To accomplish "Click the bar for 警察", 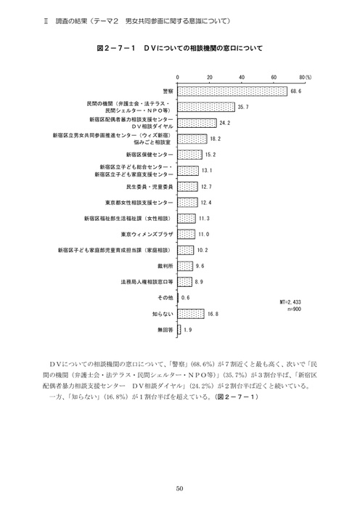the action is click(232, 92).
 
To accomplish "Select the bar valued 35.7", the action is click(205, 108).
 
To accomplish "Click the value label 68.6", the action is click(295, 92).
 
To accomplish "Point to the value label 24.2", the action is click(225, 123).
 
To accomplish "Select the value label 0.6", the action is click(186, 298).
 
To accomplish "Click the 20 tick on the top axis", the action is click(209, 76).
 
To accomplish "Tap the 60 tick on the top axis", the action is click(273, 76).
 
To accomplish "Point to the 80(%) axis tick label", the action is click(307, 76).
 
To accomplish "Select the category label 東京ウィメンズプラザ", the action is click(147, 234).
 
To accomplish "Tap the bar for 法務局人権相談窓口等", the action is click(184, 282).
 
